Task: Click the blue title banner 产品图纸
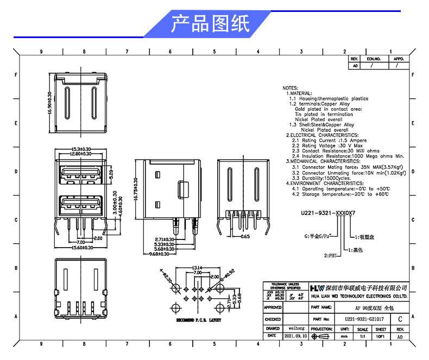click(x=210, y=24)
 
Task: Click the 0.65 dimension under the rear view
click(x=245, y=236)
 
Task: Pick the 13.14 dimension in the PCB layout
click(x=197, y=267)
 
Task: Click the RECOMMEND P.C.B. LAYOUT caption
click(x=199, y=320)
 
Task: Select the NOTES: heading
click(x=291, y=87)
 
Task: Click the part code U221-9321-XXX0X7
click(x=328, y=213)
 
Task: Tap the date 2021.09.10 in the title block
click(x=295, y=337)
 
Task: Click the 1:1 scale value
click(x=363, y=337)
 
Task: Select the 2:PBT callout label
click(x=331, y=255)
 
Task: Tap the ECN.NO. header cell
click(x=374, y=58)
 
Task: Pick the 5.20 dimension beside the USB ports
click(x=111, y=175)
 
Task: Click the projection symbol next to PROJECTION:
click(x=322, y=337)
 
